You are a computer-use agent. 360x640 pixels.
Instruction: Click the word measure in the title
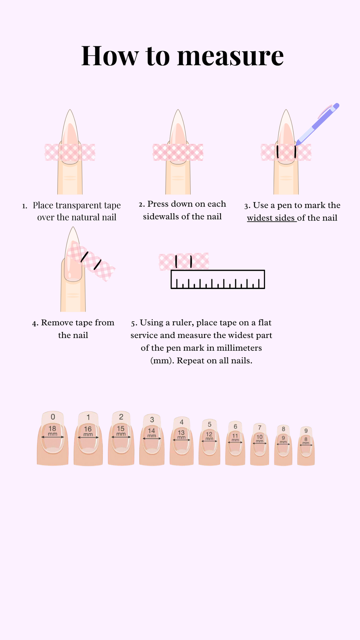click(x=230, y=56)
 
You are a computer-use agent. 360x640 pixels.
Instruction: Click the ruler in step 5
click(x=218, y=279)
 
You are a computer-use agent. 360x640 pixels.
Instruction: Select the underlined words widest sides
click(x=271, y=218)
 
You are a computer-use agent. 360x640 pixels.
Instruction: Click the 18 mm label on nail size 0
click(x=52, y=430)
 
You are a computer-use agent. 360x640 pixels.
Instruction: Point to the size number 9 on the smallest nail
click(x=306, y=431)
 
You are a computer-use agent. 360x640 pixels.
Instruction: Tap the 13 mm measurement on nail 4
click(x=181, y=435)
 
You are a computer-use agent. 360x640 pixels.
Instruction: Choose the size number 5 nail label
click(x=210, y=424)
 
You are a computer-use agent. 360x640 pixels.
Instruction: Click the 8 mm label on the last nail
click(x=306, y=441)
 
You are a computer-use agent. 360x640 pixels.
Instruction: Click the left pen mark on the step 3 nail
click(x=277, y=152)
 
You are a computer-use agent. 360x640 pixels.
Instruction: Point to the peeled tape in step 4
click(x=91, y=261)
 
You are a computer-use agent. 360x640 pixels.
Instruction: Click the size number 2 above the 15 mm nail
click(x=121, y=417)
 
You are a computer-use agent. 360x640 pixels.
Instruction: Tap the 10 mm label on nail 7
click(x=259, y=439)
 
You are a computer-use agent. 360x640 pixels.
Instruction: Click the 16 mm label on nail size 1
click(x=88, y=431)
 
